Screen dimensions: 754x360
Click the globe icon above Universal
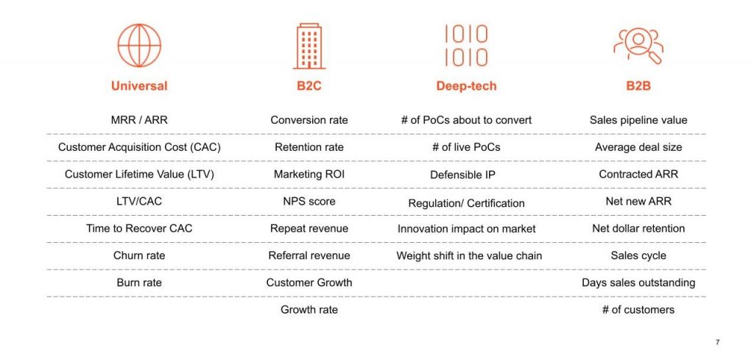tap(139, 46)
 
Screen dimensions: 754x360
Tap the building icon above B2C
tap(309, 46)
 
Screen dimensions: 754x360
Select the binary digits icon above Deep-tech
tap(466, 46)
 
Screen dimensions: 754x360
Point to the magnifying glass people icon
tap(638, 46)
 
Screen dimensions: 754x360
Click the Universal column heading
tap(139, 86)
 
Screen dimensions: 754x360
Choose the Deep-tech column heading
tap(466, 86)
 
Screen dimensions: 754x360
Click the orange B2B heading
tap(638, 86)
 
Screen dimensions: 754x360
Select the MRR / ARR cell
tap(139, 120)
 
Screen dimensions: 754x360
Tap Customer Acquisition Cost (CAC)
tap(139, 147)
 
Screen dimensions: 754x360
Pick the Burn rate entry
tap(139, 283)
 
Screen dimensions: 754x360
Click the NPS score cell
tap(309, 202)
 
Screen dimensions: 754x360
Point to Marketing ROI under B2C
tap(309, 174)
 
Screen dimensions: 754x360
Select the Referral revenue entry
tap(309, 255)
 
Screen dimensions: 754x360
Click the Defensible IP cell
tap(462, 175)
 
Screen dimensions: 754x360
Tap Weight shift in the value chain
tap(469, 255)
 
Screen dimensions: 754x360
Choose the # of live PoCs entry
tap(466, 147)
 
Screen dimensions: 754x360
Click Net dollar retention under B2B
tap(638, 228)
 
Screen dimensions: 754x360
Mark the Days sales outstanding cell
tap(638, 283)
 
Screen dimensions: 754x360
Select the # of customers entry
tap(638, 310)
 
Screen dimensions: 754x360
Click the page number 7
tap(718, 342)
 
